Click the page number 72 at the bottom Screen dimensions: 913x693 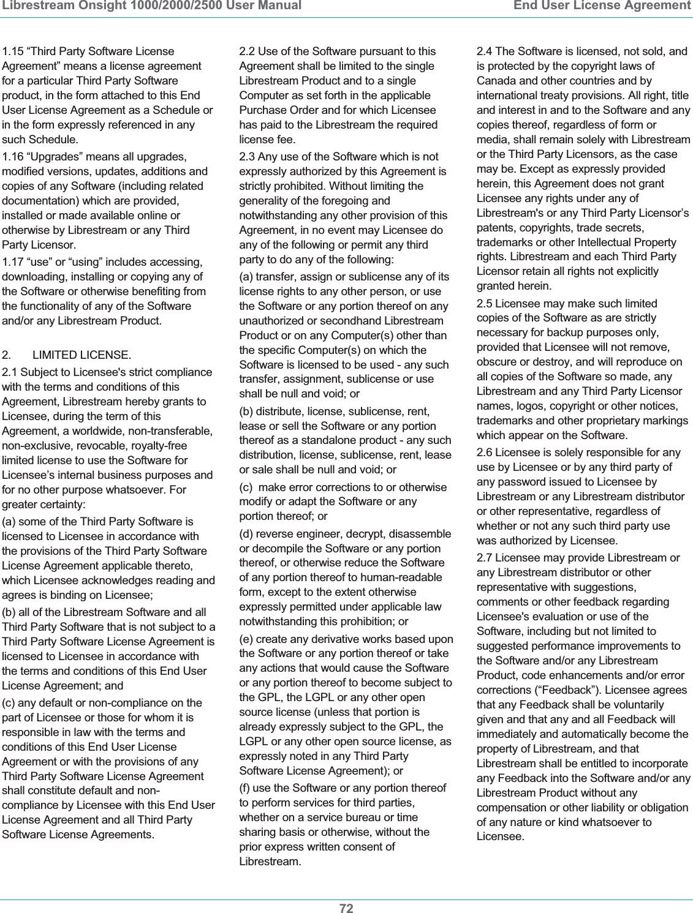point(346,907)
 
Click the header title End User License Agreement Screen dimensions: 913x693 point(602,6)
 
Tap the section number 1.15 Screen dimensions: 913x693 point(13,51)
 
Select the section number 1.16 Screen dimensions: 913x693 point(13,157)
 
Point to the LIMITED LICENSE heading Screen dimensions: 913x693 point(81,355)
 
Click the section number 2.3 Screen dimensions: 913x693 point(248,157)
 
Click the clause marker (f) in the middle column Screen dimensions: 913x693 point(245,788)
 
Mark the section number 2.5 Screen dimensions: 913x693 point(485,304)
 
